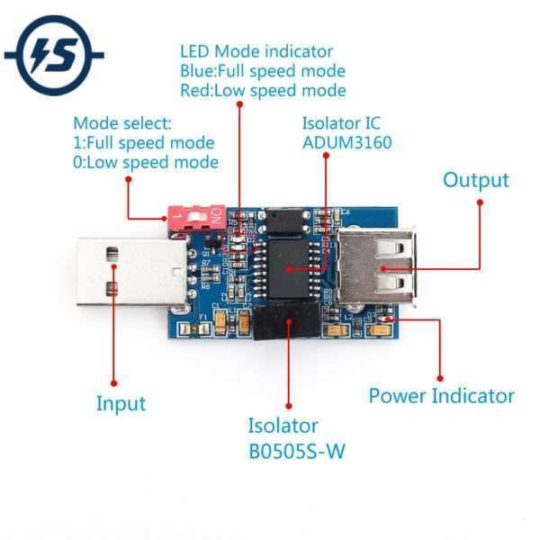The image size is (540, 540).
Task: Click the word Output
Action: point(475,180)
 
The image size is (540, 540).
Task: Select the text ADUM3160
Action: point(346,142)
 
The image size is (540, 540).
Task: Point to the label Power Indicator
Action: point(441,396)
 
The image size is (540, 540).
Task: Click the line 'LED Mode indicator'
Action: point(256,51)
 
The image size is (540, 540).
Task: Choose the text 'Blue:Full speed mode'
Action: point(263,71)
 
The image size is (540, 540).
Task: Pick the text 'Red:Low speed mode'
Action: point(263,90)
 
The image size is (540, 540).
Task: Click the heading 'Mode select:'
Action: point(122,122)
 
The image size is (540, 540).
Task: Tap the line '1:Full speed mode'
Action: point(144,142)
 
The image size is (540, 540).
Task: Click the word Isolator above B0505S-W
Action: point(283,426)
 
